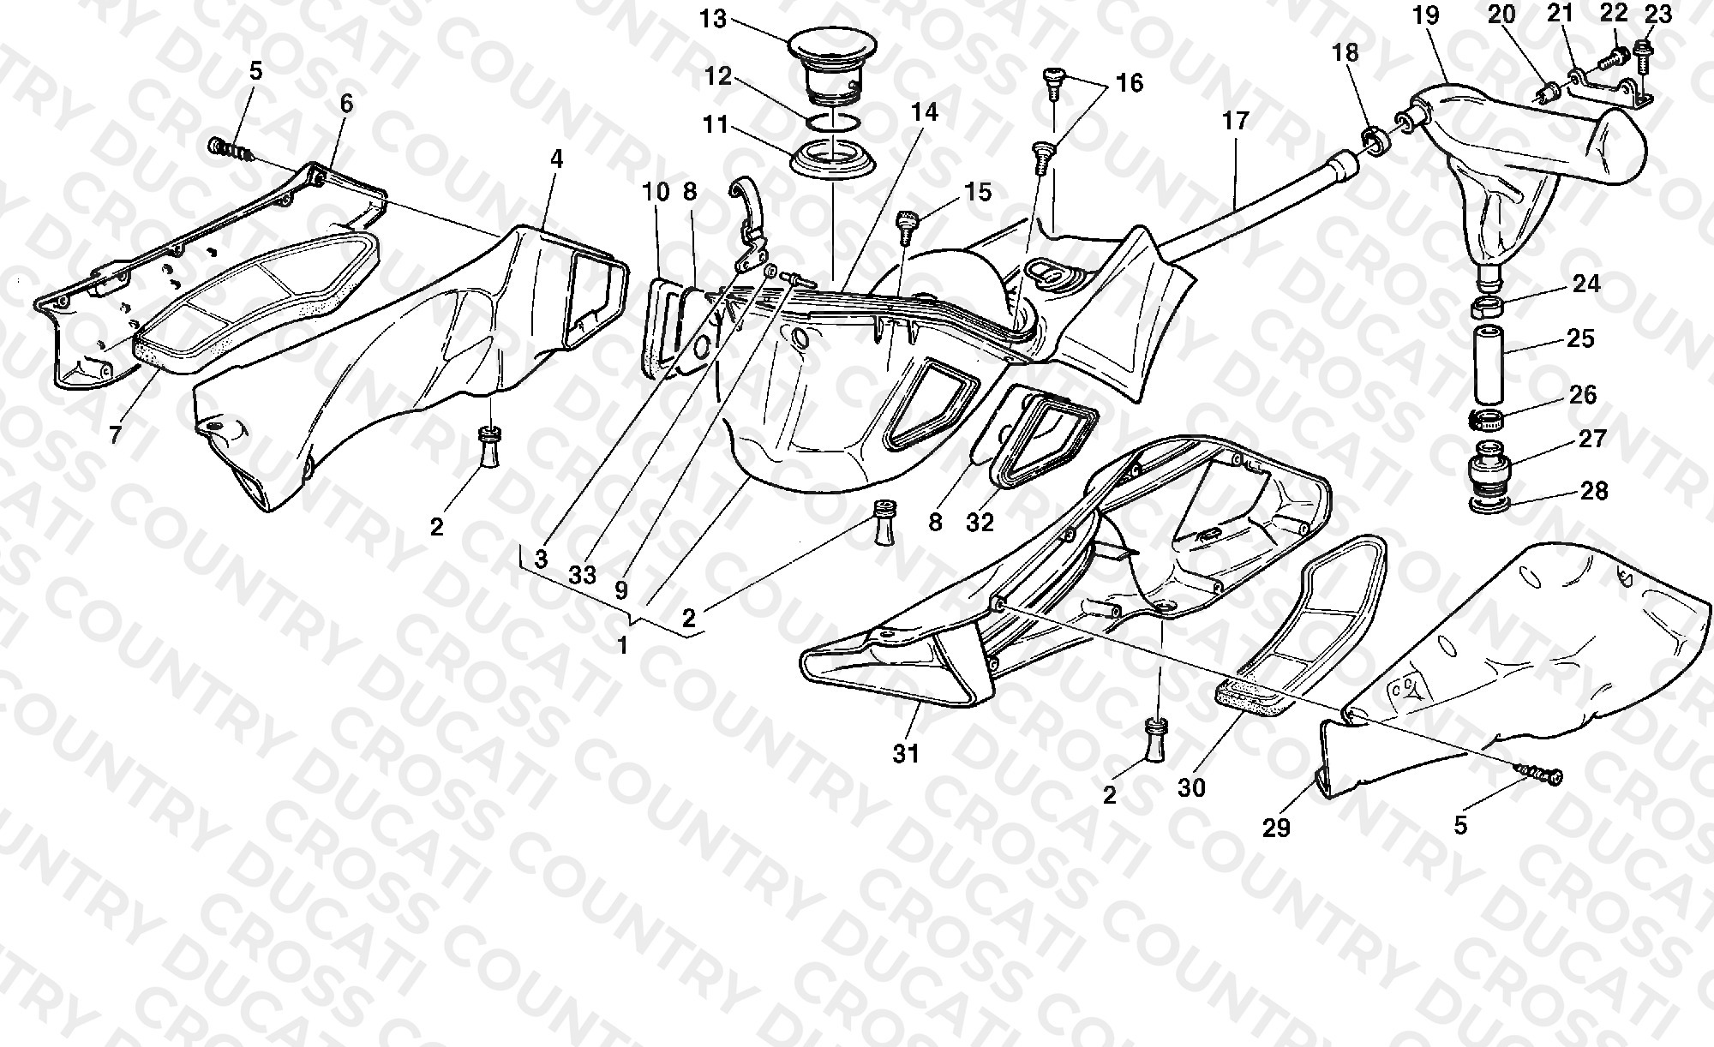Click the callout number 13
pyautogui.click(x=713, y=19)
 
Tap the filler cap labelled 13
pyautogui.click(x=832, y=66)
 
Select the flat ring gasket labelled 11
pyautogui.click(x=831, y=162)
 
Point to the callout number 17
pyautogui.click(x=1235, y=121)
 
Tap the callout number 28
pyautogui.click(x=1594, y=491)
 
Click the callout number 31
pyautogui.click(x=905, y=753)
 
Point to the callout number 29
pyautogui.click(x=1276, y=828)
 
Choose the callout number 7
pyautogui.click(x=115, y=434)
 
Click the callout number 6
pyautogui.click(x=346, y=104)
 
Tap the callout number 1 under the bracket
pyautogui.click(x=623, y=644)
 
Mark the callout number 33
pyautogui.click(x=582, y=574)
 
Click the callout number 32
pyautogui.click(x=980, y=522)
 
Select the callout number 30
pyautogui.click(x=1191, y=787)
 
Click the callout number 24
pyautogui.click(x=1586, y=283)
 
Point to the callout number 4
pyautogui.click(x=557, y=159)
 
